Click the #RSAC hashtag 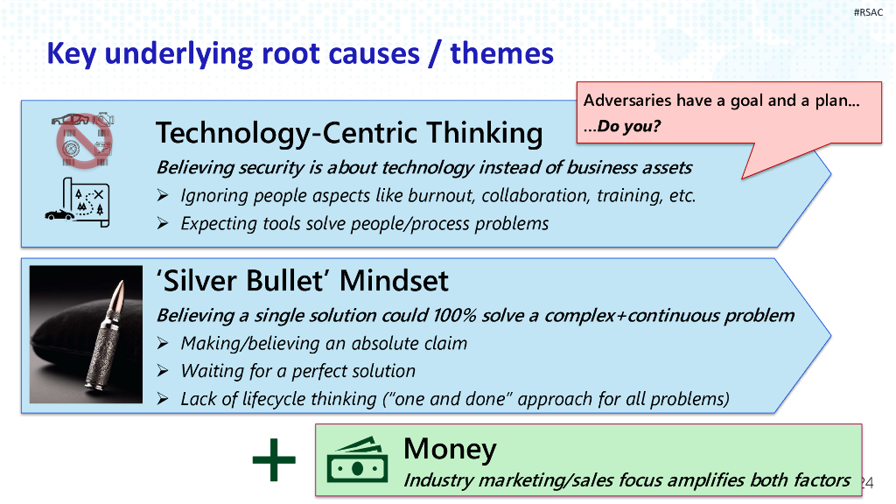click(868, 12)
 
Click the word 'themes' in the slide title click(501, 53)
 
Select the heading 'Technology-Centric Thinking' click(349, 133)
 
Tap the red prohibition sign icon click(84, 141)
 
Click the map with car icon click(77, 202)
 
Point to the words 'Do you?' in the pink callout click(628, 126)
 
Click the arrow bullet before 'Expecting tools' click(163, 223)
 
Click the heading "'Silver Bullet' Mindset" click(302, 281)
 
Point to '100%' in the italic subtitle click(455, 315)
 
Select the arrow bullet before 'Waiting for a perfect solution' click(163, 371)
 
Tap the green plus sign click(274, 459)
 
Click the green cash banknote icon click(357, 460)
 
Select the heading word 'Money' click(450, 449)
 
